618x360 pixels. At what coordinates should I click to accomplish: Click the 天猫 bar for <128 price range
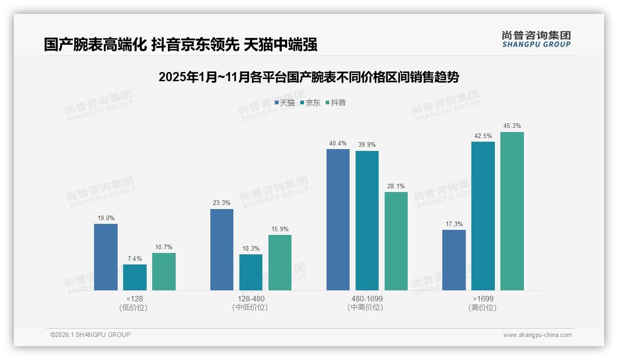tap(106, 257)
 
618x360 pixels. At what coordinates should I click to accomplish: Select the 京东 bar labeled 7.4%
tap(135, 277)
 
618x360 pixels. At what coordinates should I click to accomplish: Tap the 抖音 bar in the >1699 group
tap(512, 211)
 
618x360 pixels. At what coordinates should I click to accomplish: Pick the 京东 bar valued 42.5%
tap(483, 216)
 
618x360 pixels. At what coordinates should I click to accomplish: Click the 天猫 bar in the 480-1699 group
tap(338, 220)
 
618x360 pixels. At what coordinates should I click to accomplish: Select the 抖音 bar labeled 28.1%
tap(396, 241)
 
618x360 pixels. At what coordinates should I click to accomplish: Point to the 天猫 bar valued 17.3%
tap(454, 260)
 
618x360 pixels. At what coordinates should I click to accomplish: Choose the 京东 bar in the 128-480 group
tap(251, 272)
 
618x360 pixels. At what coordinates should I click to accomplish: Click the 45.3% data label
tap(512, 126)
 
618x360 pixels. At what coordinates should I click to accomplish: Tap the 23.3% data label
tap(222, 203)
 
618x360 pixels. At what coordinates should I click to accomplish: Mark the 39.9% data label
tap(367, 144)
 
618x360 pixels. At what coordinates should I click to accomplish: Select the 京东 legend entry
tap(310, 102)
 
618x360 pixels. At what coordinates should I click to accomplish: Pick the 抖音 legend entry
tap(336, 102)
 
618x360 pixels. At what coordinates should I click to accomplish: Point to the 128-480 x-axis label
tap(251, 299)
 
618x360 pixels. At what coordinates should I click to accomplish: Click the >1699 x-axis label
tap(483, 299)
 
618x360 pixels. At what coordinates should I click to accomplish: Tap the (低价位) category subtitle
tap(133, 307)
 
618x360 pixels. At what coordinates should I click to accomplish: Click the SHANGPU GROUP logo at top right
tap(536, 39)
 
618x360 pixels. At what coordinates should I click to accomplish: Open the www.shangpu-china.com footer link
tap(537, 335)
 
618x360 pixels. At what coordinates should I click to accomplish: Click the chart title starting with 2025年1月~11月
tap(309, 77)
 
